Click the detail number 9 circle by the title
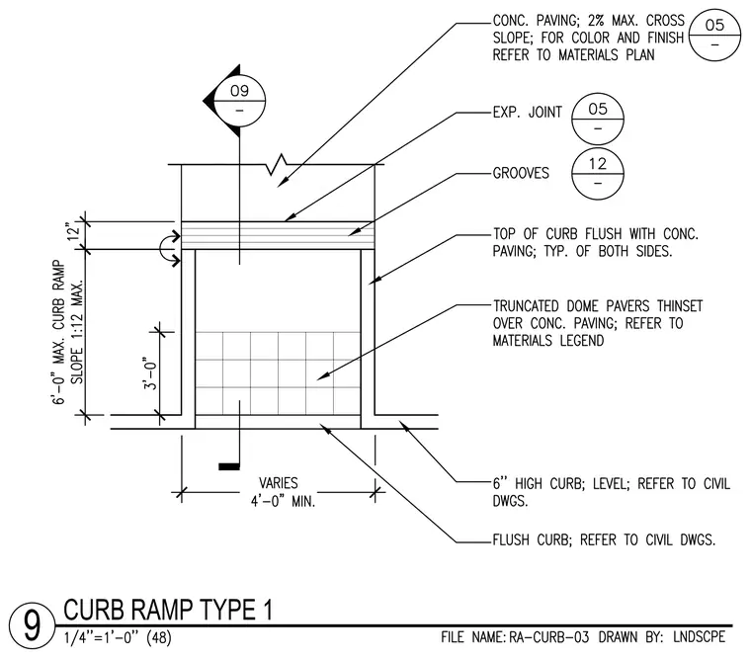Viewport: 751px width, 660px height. [x=32, y=625]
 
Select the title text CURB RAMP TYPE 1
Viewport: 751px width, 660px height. [x=168, y=610]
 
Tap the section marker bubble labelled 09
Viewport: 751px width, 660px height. [x=239, y=101]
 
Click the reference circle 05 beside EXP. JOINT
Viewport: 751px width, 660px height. [x=598, y=119]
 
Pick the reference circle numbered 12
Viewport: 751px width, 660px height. [x=598, y=173]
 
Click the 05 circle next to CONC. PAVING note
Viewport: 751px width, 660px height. [x=714, y=35]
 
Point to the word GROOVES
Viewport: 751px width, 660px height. [x=521, y=173]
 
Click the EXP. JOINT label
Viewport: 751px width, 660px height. [x=528, y=112]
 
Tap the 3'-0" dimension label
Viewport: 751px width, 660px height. [x=150, y=373]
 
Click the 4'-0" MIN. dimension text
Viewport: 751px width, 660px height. [x=283, y=502]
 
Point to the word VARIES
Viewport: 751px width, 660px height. [x=279, y=483]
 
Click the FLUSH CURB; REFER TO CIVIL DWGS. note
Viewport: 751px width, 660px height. [x=604, y=540]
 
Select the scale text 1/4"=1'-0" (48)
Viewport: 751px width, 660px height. [x=118, y=638]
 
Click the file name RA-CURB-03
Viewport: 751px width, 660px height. [x=548, y=637]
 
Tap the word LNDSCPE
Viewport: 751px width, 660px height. [x=700, y=637]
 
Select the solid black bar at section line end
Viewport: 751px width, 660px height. [x=229, y=466]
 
